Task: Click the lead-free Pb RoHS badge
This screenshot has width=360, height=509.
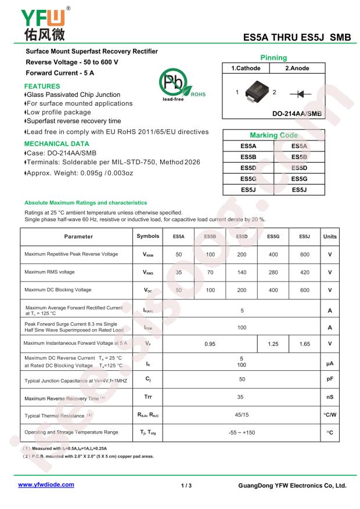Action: tap(179, 86)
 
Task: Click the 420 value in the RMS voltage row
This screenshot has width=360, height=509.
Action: tap(304, 272)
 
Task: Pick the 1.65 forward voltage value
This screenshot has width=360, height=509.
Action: tap(304, 344)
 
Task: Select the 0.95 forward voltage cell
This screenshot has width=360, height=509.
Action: tap(210, 344)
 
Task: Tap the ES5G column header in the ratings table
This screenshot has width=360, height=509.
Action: tap(273, 237)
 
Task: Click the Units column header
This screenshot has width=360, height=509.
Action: tap(330, 237)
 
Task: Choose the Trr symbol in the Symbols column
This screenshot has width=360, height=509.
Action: tap(148, 398)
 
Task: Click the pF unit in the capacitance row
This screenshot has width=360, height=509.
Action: tap(330, 378)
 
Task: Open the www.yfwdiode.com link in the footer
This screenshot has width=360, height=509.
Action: tap(46, 484)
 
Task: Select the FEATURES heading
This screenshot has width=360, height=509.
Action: tap(42, 85)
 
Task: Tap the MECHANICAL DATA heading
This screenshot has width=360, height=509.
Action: tap(57, 143)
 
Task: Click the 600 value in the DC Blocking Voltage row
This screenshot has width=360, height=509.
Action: tap(304, 290)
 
